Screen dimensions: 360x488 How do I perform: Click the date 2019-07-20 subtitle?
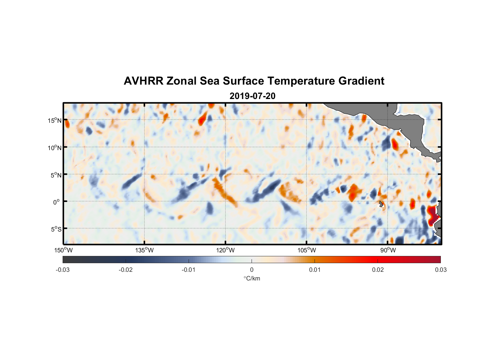pyautogui.click(x=252, y=96)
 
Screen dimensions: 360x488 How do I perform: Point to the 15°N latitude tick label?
pyautogui.click(x=55, y=121)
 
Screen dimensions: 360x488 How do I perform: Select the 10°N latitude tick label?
pyautogui.click(x=55, y=148)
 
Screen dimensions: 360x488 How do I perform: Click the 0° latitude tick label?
pyautogui.click(x=56, y=202)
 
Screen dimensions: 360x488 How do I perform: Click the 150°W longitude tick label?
pyautogui.click(x=64, y=250)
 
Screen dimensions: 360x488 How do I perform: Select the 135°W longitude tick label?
pyautogui.click(x=145, y=250)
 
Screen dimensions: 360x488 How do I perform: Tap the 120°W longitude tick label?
pyautogui.click(x=226, y=250)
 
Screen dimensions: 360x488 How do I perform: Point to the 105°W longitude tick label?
pyautogui.click(x=307, y=250)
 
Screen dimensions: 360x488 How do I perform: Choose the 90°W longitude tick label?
pyautogui.click(x=388, y=250)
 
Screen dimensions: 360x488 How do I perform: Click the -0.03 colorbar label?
pyautogui.click(x=63, y=270)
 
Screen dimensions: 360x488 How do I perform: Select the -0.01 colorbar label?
pyautogui.click(x=189, y=270)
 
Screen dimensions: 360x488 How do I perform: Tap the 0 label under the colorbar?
pyautogui.click(x=252, y=270)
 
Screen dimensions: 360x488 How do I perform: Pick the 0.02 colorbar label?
pyautogui.click(x=378, y=270)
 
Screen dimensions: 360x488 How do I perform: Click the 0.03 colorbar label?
pyautogui.click(x=440, y=270)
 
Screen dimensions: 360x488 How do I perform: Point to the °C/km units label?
pyautogui.click(x=252, y=278)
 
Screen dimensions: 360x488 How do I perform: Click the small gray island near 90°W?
pyautogui.click(x=381, y=204)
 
